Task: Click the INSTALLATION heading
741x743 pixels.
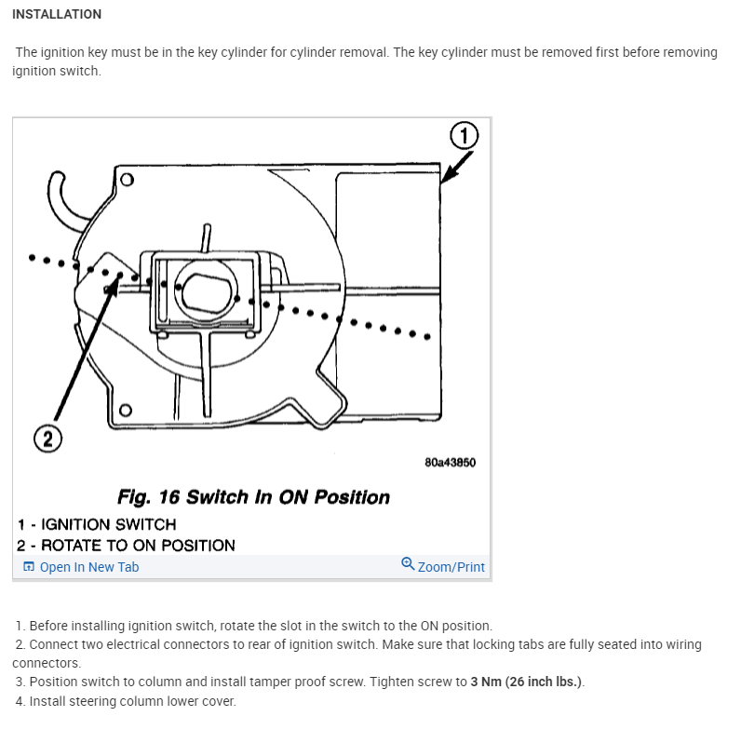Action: (57, 14)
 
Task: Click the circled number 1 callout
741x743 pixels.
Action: (464, 137)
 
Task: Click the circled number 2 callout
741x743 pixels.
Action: (47, 437)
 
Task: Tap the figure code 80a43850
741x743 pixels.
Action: (450, 463)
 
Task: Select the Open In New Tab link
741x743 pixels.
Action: (88, 567)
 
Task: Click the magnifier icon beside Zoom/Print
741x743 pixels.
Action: (408, 564)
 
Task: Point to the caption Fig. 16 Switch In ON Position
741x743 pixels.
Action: (253, 497)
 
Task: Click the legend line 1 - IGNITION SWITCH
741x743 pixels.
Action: (97, 524)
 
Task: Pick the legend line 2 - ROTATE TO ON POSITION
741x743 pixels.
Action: (126, 546)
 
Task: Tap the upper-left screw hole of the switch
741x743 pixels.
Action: (127, 180)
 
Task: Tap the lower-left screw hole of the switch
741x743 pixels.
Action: (126, 409)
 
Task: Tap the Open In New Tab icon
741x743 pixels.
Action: (29, 567)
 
